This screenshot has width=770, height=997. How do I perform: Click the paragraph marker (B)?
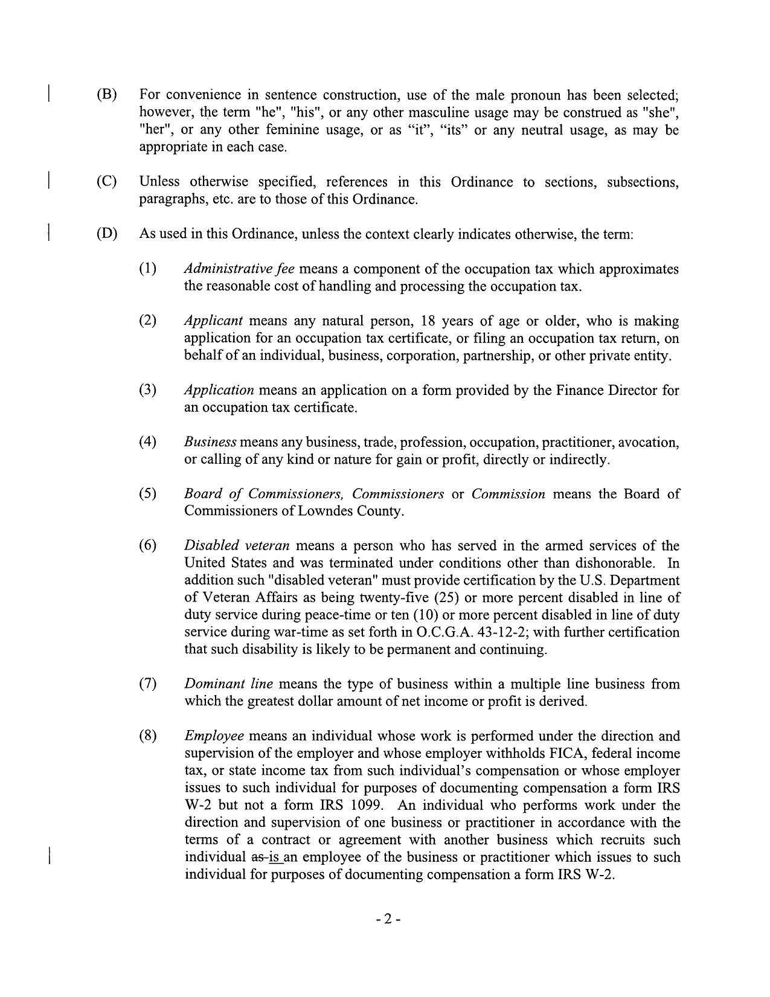click(x=106, y=95)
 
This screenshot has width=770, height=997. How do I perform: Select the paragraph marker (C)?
click(x=106, y=182)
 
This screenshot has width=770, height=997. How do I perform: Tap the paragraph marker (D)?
click(x=106, y=234)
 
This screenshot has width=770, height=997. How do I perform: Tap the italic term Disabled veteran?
click(x=237, y=546)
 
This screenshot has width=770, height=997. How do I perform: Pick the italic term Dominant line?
click(x=228, y=684)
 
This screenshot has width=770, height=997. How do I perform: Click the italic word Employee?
click(x=214, y=736)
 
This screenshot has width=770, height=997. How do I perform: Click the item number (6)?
click(x=148, y=546)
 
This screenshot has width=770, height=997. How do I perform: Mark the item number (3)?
click(x=148, y=390)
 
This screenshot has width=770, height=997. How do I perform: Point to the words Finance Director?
click(x=606, y=390)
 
